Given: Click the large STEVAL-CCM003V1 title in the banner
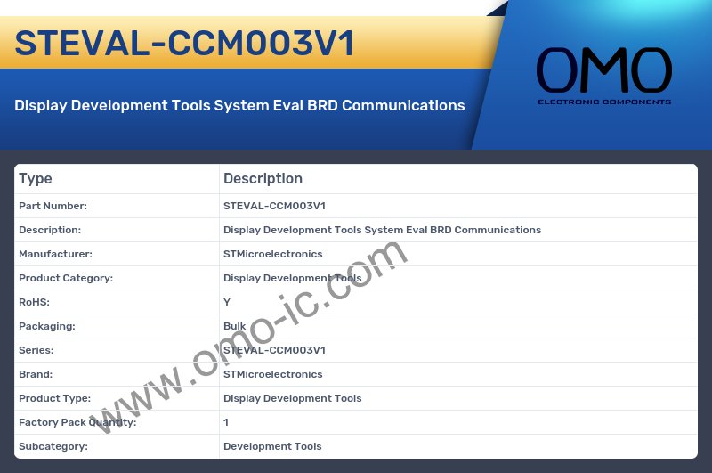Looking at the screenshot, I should [184, 43].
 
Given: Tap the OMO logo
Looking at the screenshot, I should [603, 70].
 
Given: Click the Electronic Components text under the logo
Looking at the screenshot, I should [603, 102].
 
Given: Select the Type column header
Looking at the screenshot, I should [36, 179].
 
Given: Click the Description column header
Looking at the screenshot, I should [263, 179].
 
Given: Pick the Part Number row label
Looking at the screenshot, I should [53, 206].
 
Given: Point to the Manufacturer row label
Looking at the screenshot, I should [55, 254].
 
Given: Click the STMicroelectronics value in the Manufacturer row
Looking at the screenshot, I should [272, 254].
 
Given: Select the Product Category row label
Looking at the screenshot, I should [66, 278].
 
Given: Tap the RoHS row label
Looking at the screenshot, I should [34, 302].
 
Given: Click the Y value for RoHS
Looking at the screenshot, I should [227, 302].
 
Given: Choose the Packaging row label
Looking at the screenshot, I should [46, 326].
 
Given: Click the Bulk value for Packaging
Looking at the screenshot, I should [234, 326].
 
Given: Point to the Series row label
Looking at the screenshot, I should [36, 350].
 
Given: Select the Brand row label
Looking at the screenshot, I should [36, 374].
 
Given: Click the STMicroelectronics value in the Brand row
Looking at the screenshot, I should [272, 374].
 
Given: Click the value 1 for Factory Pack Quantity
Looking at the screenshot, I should [226, 422].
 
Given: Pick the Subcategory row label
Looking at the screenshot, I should [53, 446].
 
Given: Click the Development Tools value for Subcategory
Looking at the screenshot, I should [272, 446].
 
